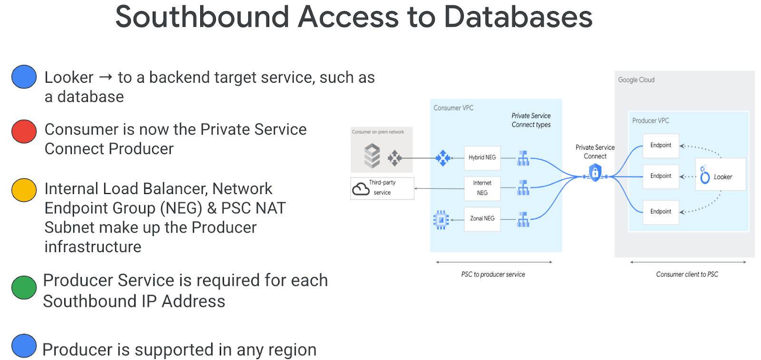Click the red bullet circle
pyautogui.click(x=24, y=132)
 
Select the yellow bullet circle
pyautogui.click(x=24, y=190)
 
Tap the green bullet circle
pyautogui.click(x=24, y=287)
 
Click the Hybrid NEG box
pyautogui.click(x=482, y=157)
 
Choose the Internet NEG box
pyautogui.click(x=482, y=188)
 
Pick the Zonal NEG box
pyautogui.click(x=482, y=219)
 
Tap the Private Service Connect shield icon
pyautogui.click(x=595, y=173)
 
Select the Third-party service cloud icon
pyautogui.click(x=361, y=189)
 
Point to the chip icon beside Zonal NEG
pyautogui.click(x=441, y=220)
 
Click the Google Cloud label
pyautogui.click(x=636, y=80)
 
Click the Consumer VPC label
pyautogui.click(x=453, y=108)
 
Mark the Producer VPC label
pyautogui.click(x=650, y=121)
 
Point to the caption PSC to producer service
pyautogui.click(x=493, y=274)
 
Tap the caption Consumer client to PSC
pyautogui.click(x=687, y=274)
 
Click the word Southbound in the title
pyautogui.click(x=202, y=17)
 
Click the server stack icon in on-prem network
pyautogui.click(x=372, y=156)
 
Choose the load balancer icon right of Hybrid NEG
pyautogui.click(x=523, y=158)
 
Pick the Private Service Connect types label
pyautogui.click(x=531, y=120)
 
